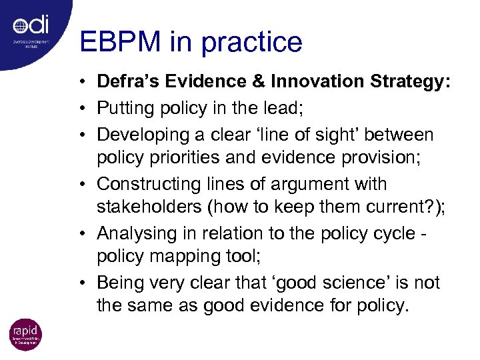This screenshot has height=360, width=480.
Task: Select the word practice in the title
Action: (252, 43)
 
